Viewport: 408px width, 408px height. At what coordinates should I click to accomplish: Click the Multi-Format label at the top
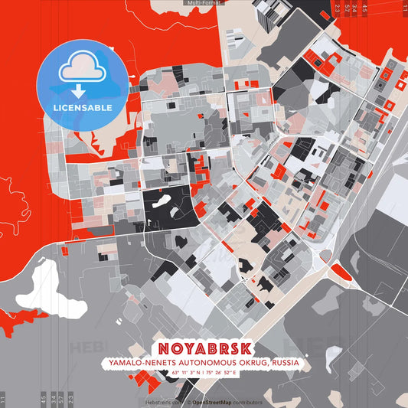pyautogui.click(x=204, y=3)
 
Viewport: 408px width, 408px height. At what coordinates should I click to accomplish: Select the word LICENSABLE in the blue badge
pyautogui.click(x=83, y=108)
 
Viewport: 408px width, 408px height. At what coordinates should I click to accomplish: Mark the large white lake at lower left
pyautogui.click(x=44, y=282)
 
